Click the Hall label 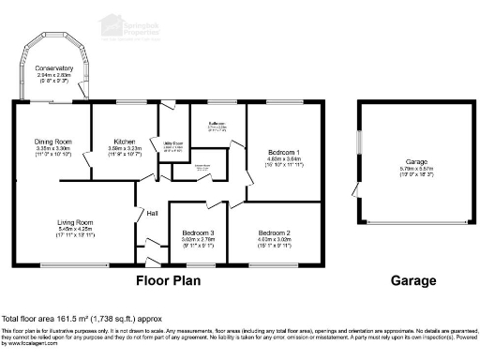coord(152,214)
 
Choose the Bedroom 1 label coord(284,152)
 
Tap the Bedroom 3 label coord(199,232)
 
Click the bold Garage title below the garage coord(412,279)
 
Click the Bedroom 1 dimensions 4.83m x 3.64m coord(284,159)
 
